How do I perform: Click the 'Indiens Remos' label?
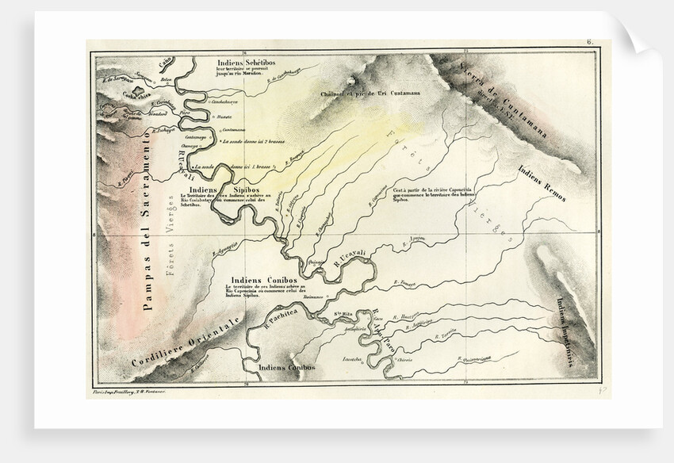542,182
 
